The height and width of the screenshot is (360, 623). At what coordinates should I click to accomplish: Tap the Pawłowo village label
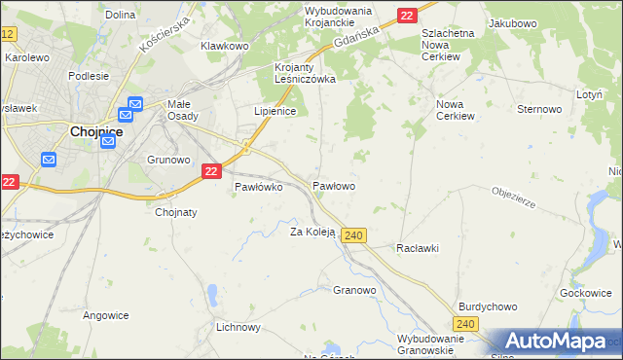(333, 185)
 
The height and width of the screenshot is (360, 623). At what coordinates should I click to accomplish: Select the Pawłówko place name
(258, 188)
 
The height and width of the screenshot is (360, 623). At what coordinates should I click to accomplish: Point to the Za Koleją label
(312, 232)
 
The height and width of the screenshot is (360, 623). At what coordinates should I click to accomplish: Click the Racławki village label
(418, 248)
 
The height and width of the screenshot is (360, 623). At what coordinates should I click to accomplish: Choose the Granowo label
(354, 290)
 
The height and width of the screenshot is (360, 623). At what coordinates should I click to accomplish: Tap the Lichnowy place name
(239, 327)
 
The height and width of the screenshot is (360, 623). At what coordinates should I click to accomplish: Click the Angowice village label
(106, 314)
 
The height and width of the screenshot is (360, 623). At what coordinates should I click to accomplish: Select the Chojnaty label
(176, 212)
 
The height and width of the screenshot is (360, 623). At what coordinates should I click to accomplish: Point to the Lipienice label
(275, 112)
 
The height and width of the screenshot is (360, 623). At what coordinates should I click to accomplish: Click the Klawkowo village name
(225, 46)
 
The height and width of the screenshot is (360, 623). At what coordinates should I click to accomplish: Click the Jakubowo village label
(513, 22)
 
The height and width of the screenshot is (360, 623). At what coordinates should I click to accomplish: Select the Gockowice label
(586, 293)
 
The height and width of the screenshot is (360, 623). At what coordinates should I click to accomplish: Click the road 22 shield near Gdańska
(407, 15)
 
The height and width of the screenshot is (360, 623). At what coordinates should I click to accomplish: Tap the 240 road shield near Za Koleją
(354, 235)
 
